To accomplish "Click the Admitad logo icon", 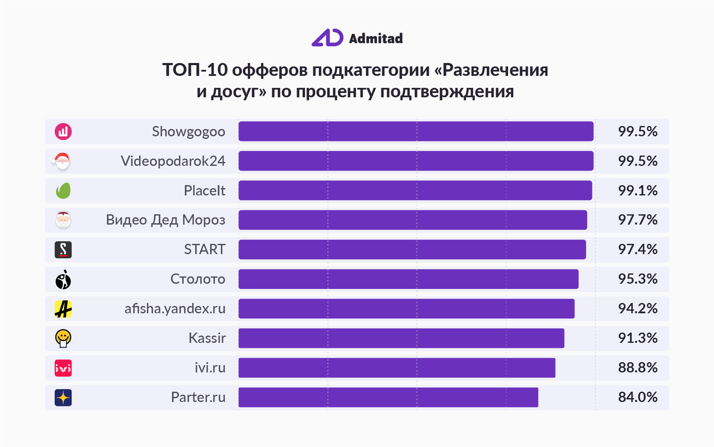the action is pos(327,38).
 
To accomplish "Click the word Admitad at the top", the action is pos(376,39).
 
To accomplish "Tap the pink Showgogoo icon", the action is pos(63,132).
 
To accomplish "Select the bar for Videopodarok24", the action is pos(416,161).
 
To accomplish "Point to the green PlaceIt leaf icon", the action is pos(63,190).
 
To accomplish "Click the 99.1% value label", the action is pos(637,190).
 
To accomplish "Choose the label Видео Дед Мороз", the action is pos(165,220).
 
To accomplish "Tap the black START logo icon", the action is pos(63,249).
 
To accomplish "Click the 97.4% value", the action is pos(637,249).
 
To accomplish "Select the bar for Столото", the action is pos(408,279).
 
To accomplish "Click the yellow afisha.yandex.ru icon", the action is pos(63,309).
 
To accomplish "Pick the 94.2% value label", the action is pos(637,309).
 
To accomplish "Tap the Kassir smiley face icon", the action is pos(63,338).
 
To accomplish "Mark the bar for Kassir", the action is pos(402,338).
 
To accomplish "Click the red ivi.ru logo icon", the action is pos(63,368).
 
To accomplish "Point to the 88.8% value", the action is pos(637,368).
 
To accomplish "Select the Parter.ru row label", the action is pos(198,397).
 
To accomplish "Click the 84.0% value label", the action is pos(637,397).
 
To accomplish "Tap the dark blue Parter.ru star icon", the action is pos(63,398).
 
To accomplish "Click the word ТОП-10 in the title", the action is pos(195,69).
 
